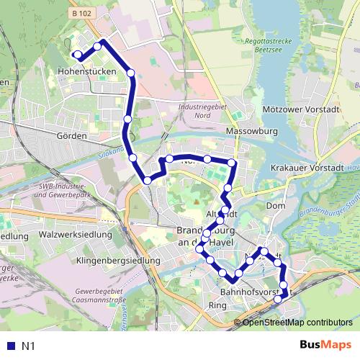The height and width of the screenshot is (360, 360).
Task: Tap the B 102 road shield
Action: coord(82,12)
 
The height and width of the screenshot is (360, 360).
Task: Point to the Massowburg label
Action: coord(251,132)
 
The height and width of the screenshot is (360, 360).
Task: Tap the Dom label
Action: coord(276,206)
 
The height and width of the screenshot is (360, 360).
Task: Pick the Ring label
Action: coord(217,305)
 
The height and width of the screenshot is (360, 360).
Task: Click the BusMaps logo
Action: coord(326,345)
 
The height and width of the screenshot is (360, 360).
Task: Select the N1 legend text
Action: coord(29,346)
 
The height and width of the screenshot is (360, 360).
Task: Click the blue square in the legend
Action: coord(10,346)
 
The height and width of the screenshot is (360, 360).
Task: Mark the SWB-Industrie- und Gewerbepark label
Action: coord(66,192)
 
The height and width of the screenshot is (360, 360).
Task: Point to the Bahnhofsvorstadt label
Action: coord(249,292)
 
